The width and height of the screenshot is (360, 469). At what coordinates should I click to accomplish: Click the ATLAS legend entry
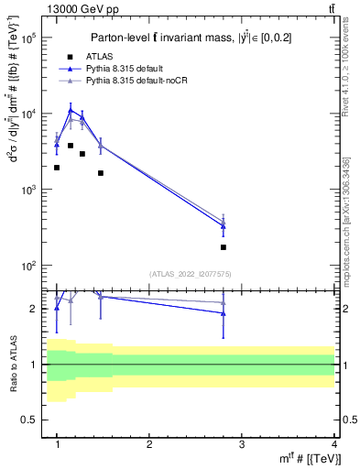point(109,56)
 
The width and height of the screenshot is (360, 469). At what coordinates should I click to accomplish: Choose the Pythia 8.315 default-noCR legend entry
point(142,82)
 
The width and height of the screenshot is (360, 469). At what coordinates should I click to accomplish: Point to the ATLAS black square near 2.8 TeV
point(224,247)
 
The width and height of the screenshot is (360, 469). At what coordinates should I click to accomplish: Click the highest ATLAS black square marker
point(71,146)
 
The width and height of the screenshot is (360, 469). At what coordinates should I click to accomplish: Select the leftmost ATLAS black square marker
point(57,168)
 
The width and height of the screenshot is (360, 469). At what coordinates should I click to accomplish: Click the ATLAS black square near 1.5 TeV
point(101,173)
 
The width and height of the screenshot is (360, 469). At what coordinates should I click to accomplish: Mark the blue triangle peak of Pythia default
point(71,111)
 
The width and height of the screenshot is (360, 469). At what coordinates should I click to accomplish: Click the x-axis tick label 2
point(149,443)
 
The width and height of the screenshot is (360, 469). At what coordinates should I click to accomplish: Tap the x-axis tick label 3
point(242,443)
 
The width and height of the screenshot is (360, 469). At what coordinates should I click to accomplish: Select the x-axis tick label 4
point(334,443)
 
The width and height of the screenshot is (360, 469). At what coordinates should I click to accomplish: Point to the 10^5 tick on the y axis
point(32,38)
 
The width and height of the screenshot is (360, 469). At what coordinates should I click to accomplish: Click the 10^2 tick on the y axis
point(32,266)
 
